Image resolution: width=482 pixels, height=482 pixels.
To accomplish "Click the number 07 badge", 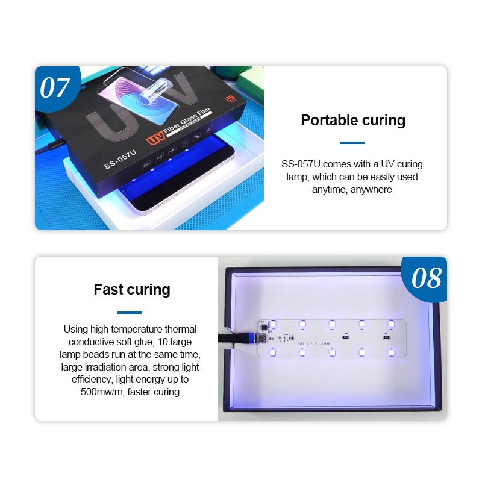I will pyautogui.click(x=55, y=87).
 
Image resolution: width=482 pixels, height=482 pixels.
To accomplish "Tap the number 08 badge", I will pyautogui.click(x=426, y=278).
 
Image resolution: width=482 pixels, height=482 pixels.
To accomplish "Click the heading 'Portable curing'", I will pyautogui.click(x=352, y=120).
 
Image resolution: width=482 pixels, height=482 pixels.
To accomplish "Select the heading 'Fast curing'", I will pyautogui.click(x=132, y=289).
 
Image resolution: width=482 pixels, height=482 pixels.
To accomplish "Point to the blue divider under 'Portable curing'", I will pyautogui.click(x=352, y=143).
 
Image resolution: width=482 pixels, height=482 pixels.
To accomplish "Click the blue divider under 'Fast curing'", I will pyautogui.click(x=130, y=312).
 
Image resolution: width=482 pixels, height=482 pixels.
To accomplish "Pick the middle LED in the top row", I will pyautogui.click(x=331, y=324).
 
